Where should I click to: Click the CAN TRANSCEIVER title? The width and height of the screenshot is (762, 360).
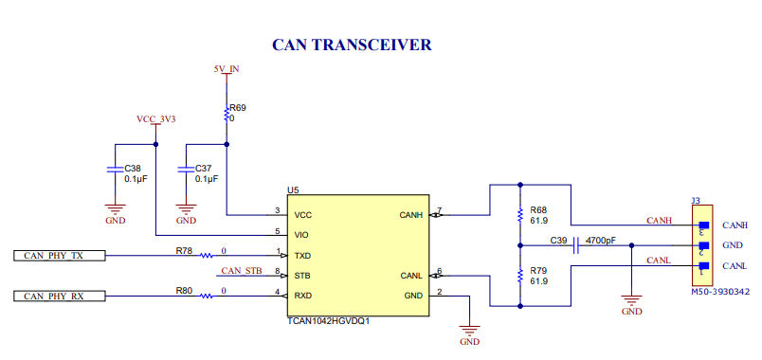click(352, 45)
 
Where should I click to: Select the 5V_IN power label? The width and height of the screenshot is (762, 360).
click(226, 69)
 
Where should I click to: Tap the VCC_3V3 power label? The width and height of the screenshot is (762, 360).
click(156, 119)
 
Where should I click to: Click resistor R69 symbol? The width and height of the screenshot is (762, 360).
click(227, 114)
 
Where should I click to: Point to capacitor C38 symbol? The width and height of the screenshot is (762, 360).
click(115, 171)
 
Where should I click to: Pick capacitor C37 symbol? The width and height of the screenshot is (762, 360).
click(186, 171)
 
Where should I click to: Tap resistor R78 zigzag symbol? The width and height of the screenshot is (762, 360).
click(206, 255)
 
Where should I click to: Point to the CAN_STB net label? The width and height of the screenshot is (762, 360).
click(241, 270)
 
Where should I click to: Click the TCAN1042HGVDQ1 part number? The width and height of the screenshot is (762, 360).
click(328, 321)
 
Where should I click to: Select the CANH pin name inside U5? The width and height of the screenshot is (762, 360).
click(411, 215)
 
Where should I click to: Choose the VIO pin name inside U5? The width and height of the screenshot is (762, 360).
click(302, 235)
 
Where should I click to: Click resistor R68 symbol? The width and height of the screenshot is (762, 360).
click(519, 215)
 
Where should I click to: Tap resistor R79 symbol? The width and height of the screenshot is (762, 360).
click(519, 276)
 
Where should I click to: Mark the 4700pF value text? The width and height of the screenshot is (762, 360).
click(601, 241)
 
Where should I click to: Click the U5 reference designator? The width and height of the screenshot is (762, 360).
click(293, 190)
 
